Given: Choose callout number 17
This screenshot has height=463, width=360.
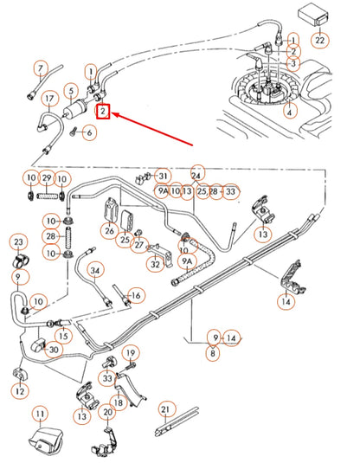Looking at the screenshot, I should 50,99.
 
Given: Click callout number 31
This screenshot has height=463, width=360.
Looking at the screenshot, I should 163,175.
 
